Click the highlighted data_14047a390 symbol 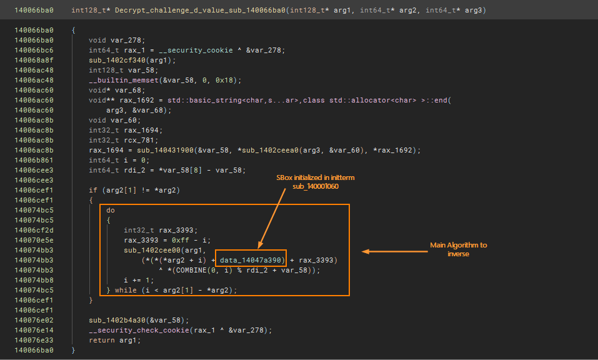tap(252, 259)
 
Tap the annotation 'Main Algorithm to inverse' tap(458, 249)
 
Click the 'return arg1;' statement tap(114, 340)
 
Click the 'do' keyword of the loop tap(111, 210)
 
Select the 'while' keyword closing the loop tap(125, 290)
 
